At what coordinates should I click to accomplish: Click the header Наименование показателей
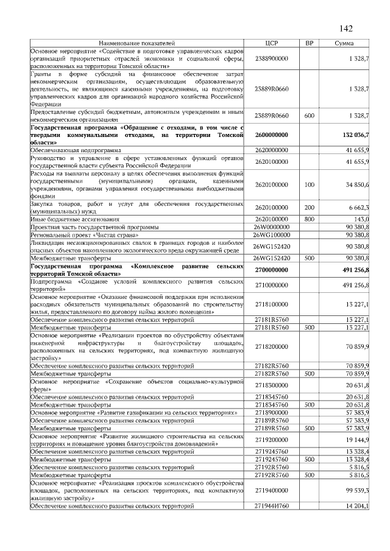click(137, 43)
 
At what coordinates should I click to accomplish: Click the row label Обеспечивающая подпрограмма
click(76, 149)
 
